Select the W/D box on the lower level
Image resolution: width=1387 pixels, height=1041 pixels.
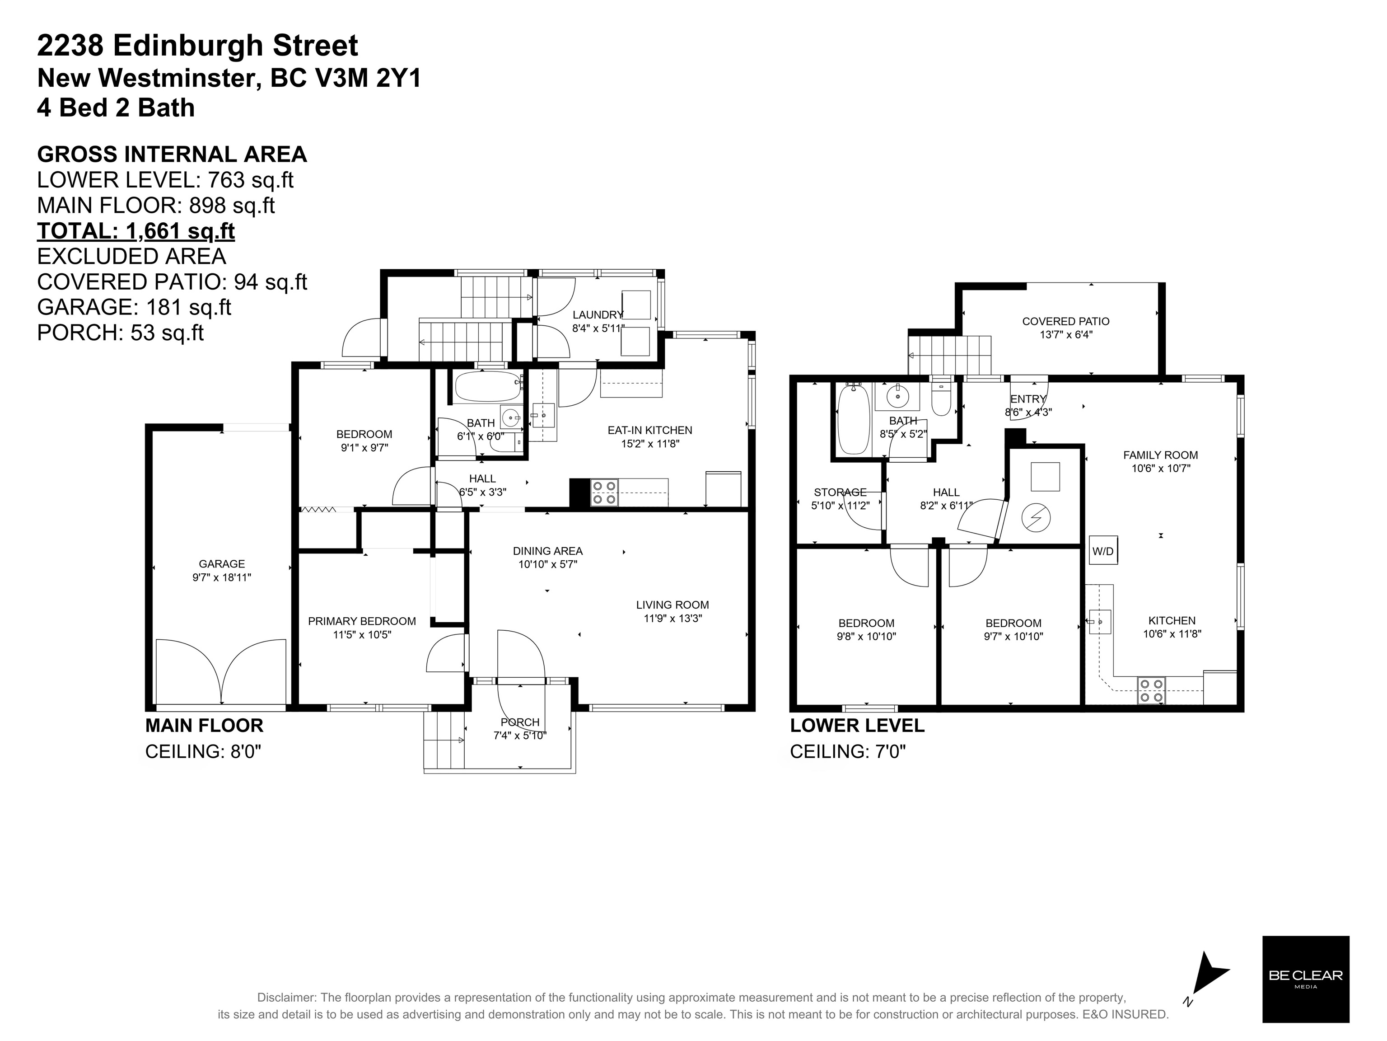tap(1103, 551)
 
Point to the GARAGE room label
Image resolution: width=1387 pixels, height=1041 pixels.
tap(222, 564)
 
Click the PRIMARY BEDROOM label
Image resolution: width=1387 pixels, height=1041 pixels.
tap(362, 621)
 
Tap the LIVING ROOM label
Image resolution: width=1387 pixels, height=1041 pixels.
tap(672, 605)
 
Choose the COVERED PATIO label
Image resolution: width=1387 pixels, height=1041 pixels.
tap(1066, 321)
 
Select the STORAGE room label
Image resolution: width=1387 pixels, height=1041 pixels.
tap(840, 492)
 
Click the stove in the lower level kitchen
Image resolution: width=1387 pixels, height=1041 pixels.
tap(1151, 690)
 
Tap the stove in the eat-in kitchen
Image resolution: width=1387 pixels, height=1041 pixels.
tap(604, 492)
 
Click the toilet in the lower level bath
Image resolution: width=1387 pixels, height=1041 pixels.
tap(941, 396)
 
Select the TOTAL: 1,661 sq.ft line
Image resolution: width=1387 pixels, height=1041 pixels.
tap(136, 231)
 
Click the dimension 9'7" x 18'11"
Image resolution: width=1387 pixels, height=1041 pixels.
tap(222, 577)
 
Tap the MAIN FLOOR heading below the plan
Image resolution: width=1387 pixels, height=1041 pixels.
tap(205, 726)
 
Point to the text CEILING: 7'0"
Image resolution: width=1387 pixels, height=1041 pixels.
tap(848, 751)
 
